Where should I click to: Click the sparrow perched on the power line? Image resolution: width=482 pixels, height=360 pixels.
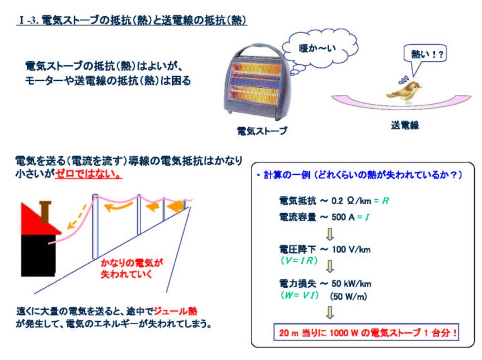(x=404, y=91)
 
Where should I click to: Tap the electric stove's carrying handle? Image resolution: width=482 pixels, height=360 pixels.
(x=258, y=49)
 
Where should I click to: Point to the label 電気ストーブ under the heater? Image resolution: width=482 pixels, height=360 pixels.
(x=262, y=131)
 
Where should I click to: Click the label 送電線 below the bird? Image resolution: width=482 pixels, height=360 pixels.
(x=405, y=125)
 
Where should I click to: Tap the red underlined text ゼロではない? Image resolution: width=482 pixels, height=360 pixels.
(x=88, y=174)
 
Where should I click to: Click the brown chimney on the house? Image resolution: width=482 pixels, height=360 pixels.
(x=45, y=212)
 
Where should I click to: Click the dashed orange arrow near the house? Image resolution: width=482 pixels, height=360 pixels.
(x=77, y=218)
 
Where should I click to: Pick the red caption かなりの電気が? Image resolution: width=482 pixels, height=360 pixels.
(x=132, y=263)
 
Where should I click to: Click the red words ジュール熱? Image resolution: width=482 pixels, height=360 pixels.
(x=175, y=311)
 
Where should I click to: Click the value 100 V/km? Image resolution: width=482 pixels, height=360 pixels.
(x=351, y=249)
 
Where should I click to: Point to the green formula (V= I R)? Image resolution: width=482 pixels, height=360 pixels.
(x=299, y=261)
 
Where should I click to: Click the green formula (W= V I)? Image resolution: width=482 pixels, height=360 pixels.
(x=299, y=296)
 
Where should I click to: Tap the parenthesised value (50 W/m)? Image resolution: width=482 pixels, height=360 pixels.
(x=349, y=296)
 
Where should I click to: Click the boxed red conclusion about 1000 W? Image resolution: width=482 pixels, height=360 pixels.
(x=366, y=333)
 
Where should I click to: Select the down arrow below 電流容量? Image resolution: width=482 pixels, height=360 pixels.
(x=330, y=234)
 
